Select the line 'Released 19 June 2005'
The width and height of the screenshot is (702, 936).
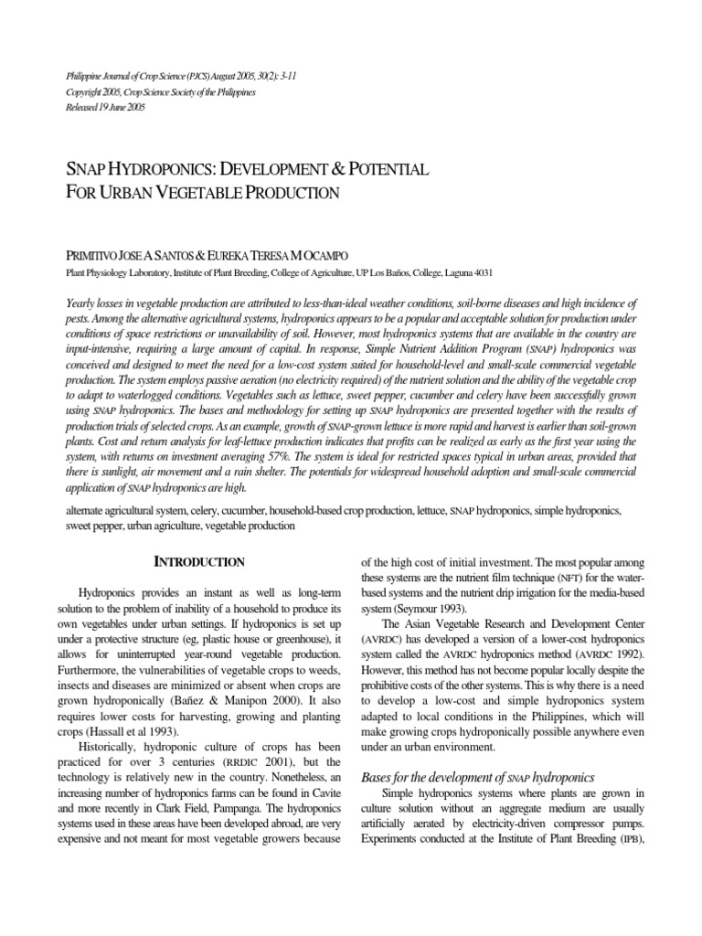click(x=105, y=107)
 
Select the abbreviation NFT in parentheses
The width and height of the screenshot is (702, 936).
click(x=568, y=580)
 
